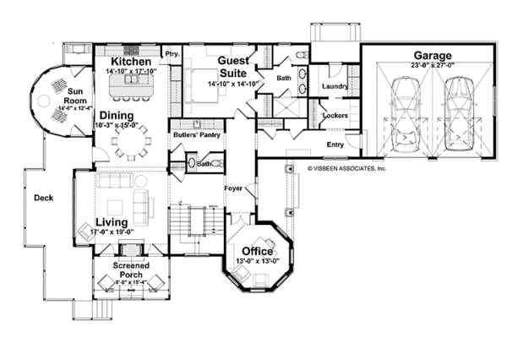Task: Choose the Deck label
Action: click(44, 199)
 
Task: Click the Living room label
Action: click(112, 222)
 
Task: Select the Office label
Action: click(257, 251)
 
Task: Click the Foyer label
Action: click(234, 188)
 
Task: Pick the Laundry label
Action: click(335, 85)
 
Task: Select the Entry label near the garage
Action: click(335, 145)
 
